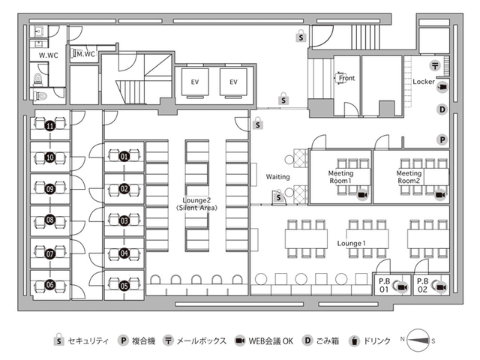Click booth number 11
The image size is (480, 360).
50,125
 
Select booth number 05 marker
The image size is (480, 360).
124,286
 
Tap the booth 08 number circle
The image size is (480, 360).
50,220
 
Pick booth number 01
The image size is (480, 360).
124,157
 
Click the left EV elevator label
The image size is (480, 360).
195,82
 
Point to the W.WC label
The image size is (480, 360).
48,55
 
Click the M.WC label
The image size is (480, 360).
85,54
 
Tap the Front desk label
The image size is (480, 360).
346,78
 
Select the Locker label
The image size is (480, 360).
424,82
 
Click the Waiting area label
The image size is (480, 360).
277,177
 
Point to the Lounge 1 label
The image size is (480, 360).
352,243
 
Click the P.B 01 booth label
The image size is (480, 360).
384,285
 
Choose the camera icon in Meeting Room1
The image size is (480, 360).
363,195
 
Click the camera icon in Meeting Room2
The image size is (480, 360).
440,195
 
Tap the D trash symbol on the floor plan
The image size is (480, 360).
442,109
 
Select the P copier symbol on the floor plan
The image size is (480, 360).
442,140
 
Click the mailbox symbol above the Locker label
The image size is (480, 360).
435,65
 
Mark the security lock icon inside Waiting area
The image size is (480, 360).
278,196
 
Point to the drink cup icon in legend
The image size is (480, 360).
354,340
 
